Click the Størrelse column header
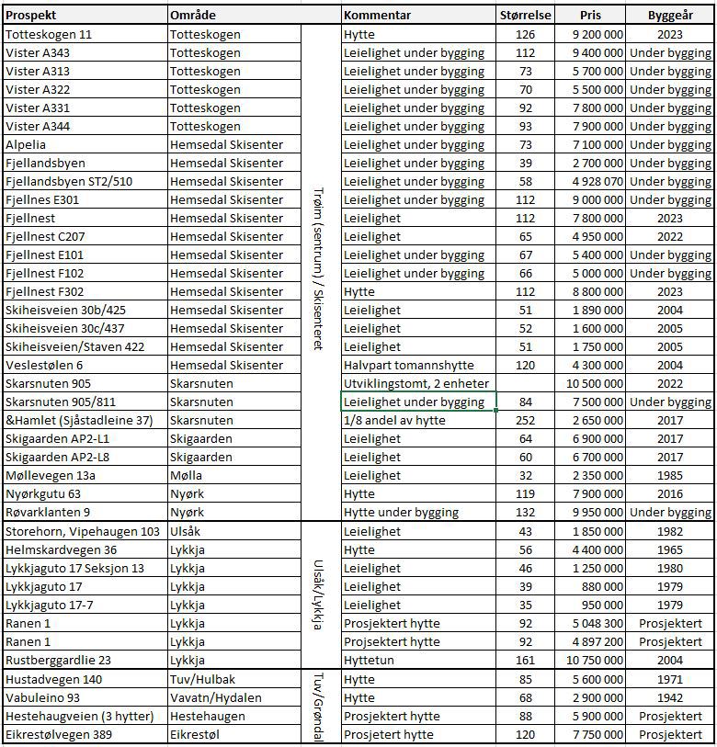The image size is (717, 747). (525, 15)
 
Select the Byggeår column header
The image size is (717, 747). (670, 15)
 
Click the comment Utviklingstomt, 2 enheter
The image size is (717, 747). (415, 383)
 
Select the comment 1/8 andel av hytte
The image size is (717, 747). (394, 420)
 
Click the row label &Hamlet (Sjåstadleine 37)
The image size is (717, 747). (79, 420)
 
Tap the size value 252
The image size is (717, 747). (525, 420)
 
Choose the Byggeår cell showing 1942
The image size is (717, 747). (670, 697)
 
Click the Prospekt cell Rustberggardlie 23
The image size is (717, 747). (58, 660)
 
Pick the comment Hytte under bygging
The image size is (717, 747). (401, 512)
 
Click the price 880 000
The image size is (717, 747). (597, 586)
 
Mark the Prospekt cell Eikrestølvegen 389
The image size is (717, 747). (62, 734)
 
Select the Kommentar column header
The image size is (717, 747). (377, 15)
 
